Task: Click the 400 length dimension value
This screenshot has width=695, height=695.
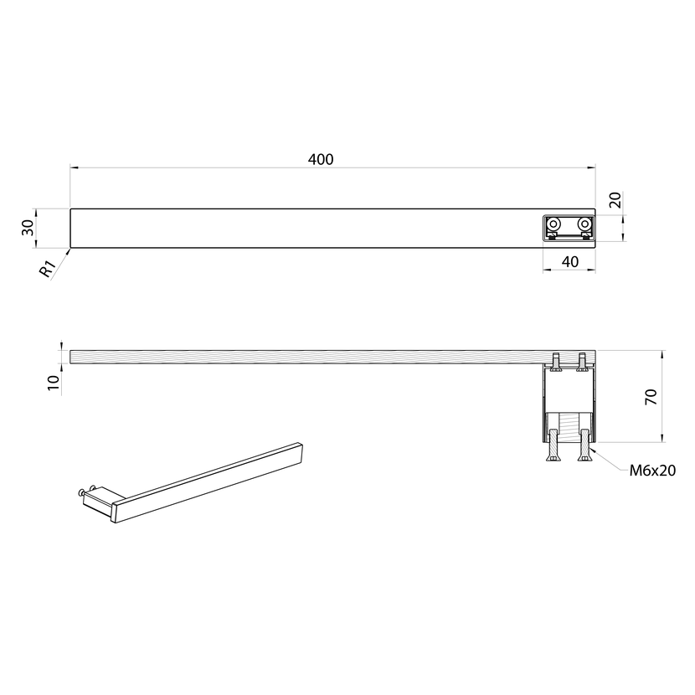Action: click(x=321, y=160)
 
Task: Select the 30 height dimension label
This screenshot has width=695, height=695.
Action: click(x=28, y=228)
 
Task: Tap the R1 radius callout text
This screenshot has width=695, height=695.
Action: click(x=48, y=269)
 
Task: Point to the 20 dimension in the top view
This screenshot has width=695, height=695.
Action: click(x=615, y=200)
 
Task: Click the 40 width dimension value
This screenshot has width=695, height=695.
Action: click(x=570, y=262)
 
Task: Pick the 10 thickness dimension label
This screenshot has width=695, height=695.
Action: click(x=54, y=382)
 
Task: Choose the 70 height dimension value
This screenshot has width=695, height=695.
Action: click(x=651, y=397)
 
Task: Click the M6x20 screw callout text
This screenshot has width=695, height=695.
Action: click(x=652, y=471)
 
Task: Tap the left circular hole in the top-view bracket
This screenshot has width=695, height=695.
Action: click(x=553, y=223)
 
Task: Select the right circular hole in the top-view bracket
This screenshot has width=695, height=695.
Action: click(x=584, y=223)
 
